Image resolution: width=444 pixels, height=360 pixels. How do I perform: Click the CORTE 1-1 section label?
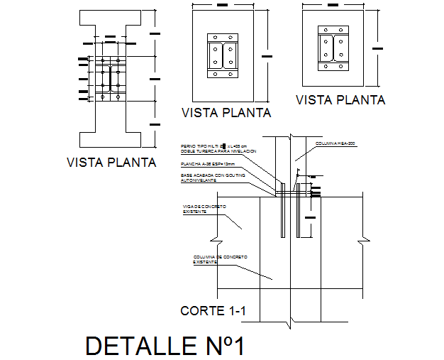[211, 310]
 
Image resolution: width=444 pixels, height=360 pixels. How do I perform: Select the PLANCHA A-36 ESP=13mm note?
[208, 164]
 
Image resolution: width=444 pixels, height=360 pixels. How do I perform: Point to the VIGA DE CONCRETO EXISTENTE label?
[204, 208]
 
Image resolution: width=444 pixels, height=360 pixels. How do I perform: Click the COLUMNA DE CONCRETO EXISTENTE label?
[217, 259]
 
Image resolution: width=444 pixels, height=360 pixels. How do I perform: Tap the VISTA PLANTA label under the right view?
[340, 100]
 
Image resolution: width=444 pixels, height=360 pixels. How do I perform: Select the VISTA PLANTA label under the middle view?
[227, 112]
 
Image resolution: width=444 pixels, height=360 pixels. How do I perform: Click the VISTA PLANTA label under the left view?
[111, 162]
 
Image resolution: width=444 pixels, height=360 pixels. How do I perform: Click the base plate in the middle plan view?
[223, 55]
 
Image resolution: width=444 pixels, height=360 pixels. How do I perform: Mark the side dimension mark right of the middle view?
[265, 54]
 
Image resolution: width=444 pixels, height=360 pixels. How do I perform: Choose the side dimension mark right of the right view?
[377, 48]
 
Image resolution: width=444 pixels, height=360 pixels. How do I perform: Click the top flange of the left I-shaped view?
[104, 18]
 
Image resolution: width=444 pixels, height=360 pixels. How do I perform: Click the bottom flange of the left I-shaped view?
[104, 139]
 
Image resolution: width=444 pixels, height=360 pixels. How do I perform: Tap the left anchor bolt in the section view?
[283, 210]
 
